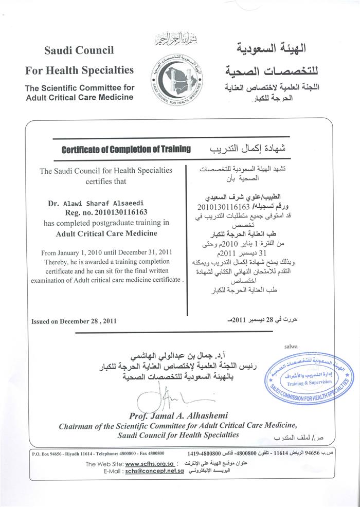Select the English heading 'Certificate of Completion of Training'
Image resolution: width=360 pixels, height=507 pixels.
click(x=126, y=150)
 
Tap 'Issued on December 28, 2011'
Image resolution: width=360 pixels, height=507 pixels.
click(x=74, y=321)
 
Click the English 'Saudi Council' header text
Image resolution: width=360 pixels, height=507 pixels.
click(x=79, y=50)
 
